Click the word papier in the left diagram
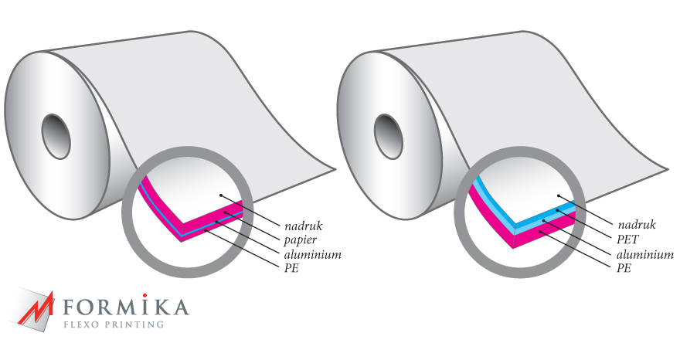coord(301,239)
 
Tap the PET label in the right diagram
coord(627,239)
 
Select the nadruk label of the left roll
coord(304,226)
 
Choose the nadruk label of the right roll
coord(637,225)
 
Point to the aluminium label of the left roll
coord(313,254)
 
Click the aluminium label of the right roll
coord(645,254)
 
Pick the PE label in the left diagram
coord(291,268)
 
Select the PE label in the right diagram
coord(624,268)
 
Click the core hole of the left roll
coord(56,136)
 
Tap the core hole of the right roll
coord(389,136)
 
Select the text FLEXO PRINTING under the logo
coord(114,324)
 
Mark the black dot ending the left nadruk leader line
coord(221,195)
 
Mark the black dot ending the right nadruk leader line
coord(559,195)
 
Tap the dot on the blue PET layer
coord(558,210)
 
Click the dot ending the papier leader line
coord(226,212)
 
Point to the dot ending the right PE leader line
coord(540,232)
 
